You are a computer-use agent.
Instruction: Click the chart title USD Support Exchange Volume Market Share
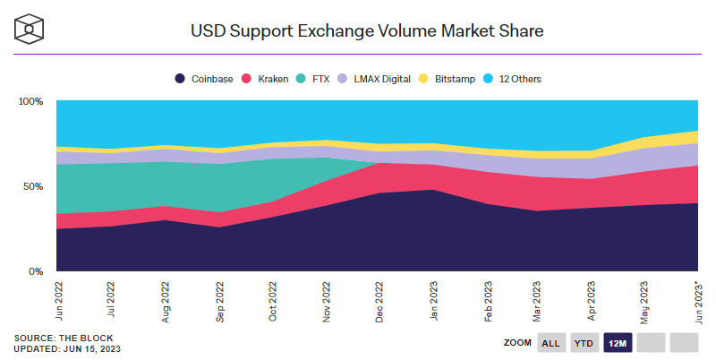click(367, 30)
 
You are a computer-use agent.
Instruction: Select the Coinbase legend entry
click(204, 79)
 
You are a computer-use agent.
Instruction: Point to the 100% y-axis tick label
click(30, 101)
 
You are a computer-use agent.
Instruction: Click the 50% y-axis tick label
click(33, 186)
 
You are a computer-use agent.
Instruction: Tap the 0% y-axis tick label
click(36, 270)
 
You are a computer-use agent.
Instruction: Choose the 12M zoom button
click(618, 343)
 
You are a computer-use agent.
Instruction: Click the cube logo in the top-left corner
click(30, 30)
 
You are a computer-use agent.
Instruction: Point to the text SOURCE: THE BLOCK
click(56, 338)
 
